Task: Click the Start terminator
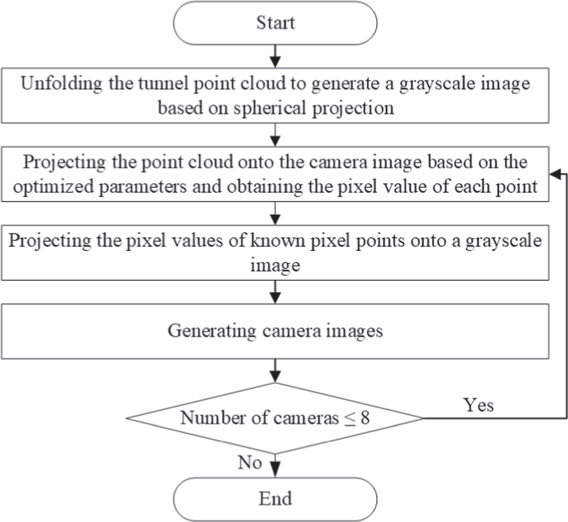click(x=275, y=23)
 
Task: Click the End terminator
click(x=275, y=499)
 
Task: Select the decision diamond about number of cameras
click(x=275, y=418)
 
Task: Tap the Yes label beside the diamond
click(x=479, y=405)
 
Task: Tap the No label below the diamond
click(x=250, y=462)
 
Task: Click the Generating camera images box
click(x=275, y=331)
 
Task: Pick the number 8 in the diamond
click(x=365, y=418)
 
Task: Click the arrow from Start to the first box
click(x=275, y=57)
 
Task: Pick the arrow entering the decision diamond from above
click(x=275, y=371)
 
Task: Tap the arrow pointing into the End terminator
click(x=275, y=467)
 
